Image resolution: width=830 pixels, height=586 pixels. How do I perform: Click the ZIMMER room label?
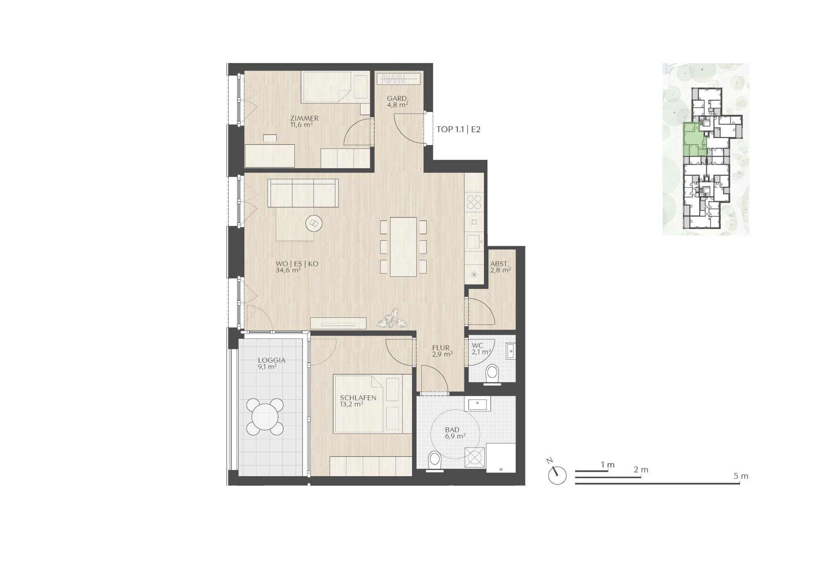point(304,119)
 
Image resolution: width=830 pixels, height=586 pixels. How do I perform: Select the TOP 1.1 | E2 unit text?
point(458,130)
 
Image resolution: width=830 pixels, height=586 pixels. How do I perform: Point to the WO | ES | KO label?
point(297,264)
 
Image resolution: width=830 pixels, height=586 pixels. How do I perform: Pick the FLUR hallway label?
point(441,348)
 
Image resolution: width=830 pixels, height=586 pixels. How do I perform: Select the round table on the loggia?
point(265,416)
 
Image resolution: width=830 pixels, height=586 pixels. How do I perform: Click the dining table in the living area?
point(403,247)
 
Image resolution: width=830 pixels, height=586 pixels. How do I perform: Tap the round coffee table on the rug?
point(313,224)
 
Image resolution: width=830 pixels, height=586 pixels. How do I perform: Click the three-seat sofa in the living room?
point(303,193)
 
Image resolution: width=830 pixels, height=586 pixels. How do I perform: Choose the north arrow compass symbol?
point(557,474)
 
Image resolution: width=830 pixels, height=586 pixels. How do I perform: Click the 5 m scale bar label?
point(741,476)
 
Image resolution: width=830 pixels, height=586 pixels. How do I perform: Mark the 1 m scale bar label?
point(608,465)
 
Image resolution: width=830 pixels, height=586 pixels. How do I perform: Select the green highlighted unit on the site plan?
point(694,140)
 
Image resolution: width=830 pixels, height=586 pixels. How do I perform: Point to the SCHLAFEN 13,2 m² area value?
point(352,404)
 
